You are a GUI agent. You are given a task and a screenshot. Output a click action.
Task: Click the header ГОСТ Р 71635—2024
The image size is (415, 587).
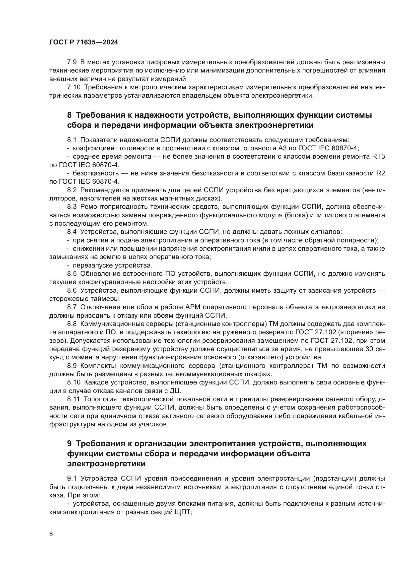[84, 42]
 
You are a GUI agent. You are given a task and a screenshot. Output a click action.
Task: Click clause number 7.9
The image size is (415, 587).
[72, 62]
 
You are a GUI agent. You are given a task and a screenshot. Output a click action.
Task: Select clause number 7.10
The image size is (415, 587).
[74, 87]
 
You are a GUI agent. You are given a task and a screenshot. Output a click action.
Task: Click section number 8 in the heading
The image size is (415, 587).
[69, 115]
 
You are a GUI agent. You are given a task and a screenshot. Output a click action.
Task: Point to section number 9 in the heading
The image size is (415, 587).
[69, 443]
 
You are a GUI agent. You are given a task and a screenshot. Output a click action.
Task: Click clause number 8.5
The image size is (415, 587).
[72, 274]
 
